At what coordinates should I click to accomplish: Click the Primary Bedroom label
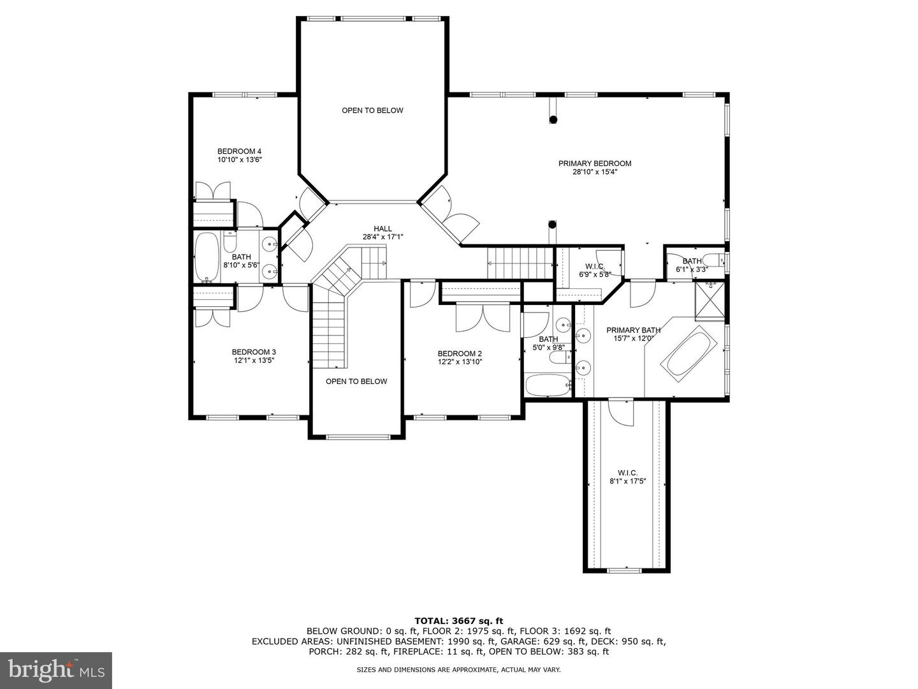pos(595,163)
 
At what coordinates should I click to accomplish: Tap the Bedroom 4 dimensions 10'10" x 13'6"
pos(239,159)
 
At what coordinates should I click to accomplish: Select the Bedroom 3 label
pos(254,352)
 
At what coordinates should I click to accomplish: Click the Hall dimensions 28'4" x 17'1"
pos(382,237)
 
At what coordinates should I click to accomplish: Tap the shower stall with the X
pos(710,302)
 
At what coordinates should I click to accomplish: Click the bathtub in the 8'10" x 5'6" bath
pos(206,257)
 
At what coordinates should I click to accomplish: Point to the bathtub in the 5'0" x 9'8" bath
pos(548,385)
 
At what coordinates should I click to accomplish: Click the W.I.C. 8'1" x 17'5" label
pos(628,477)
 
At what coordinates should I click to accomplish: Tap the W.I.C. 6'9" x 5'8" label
pos(595,270)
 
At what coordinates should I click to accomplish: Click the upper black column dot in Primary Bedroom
pos(553,120)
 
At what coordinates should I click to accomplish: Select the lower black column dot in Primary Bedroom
pos(553,225)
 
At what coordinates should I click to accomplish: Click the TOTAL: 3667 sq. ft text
pos(459,621)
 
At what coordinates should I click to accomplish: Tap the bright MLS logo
pos(56,670)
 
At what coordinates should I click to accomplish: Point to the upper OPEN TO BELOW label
pos(373,110)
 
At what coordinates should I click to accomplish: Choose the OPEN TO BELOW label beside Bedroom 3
pos(356,382)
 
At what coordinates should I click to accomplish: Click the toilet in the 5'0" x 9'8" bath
pos(560,358)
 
